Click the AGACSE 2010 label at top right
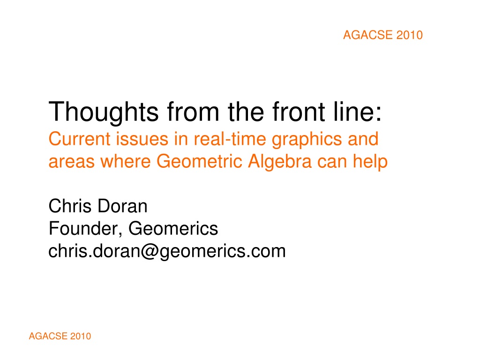click(382, 35)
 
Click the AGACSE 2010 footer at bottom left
click(60, 336)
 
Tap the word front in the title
click(299, 112)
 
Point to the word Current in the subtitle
click(79, 139)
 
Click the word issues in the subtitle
click(142, 139)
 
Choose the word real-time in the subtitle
click(230, 139)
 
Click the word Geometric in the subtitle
click(199, 161)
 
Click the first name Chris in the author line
click(70, 206)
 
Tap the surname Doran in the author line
click(122, 206)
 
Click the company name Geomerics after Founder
click(173, 229)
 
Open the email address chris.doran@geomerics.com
click(167, 252)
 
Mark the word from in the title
click(193, 112)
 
